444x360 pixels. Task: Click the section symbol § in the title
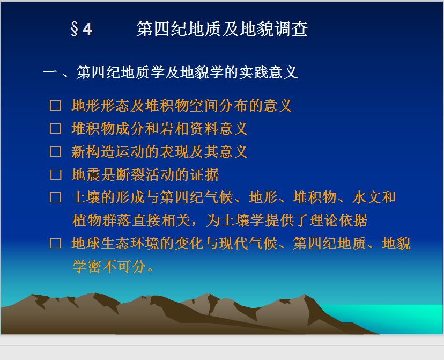[74, 29]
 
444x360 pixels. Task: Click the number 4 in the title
[87, 29]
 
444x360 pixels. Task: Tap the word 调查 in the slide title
[291, 29]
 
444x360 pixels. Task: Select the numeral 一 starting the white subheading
[50, 72]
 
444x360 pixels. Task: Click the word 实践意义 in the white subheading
[268, 72]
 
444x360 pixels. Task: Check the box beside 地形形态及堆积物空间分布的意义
[56, 106]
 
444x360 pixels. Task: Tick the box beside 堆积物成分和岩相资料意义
[56, 129]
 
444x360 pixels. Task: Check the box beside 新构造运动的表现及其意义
[56, 151]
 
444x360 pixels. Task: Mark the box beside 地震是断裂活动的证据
[56, 174]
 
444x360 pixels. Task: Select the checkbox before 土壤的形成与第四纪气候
[56, 197]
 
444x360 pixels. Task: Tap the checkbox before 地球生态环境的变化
[56, 243]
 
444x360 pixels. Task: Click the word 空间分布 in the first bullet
[219, 106]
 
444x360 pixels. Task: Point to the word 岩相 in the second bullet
[175, 129]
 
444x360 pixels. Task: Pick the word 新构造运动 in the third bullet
[108, 151]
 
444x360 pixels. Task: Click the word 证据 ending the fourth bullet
[204, 174]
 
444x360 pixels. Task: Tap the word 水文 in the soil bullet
[367, 197]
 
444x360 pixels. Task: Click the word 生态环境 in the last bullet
[130, 243]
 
